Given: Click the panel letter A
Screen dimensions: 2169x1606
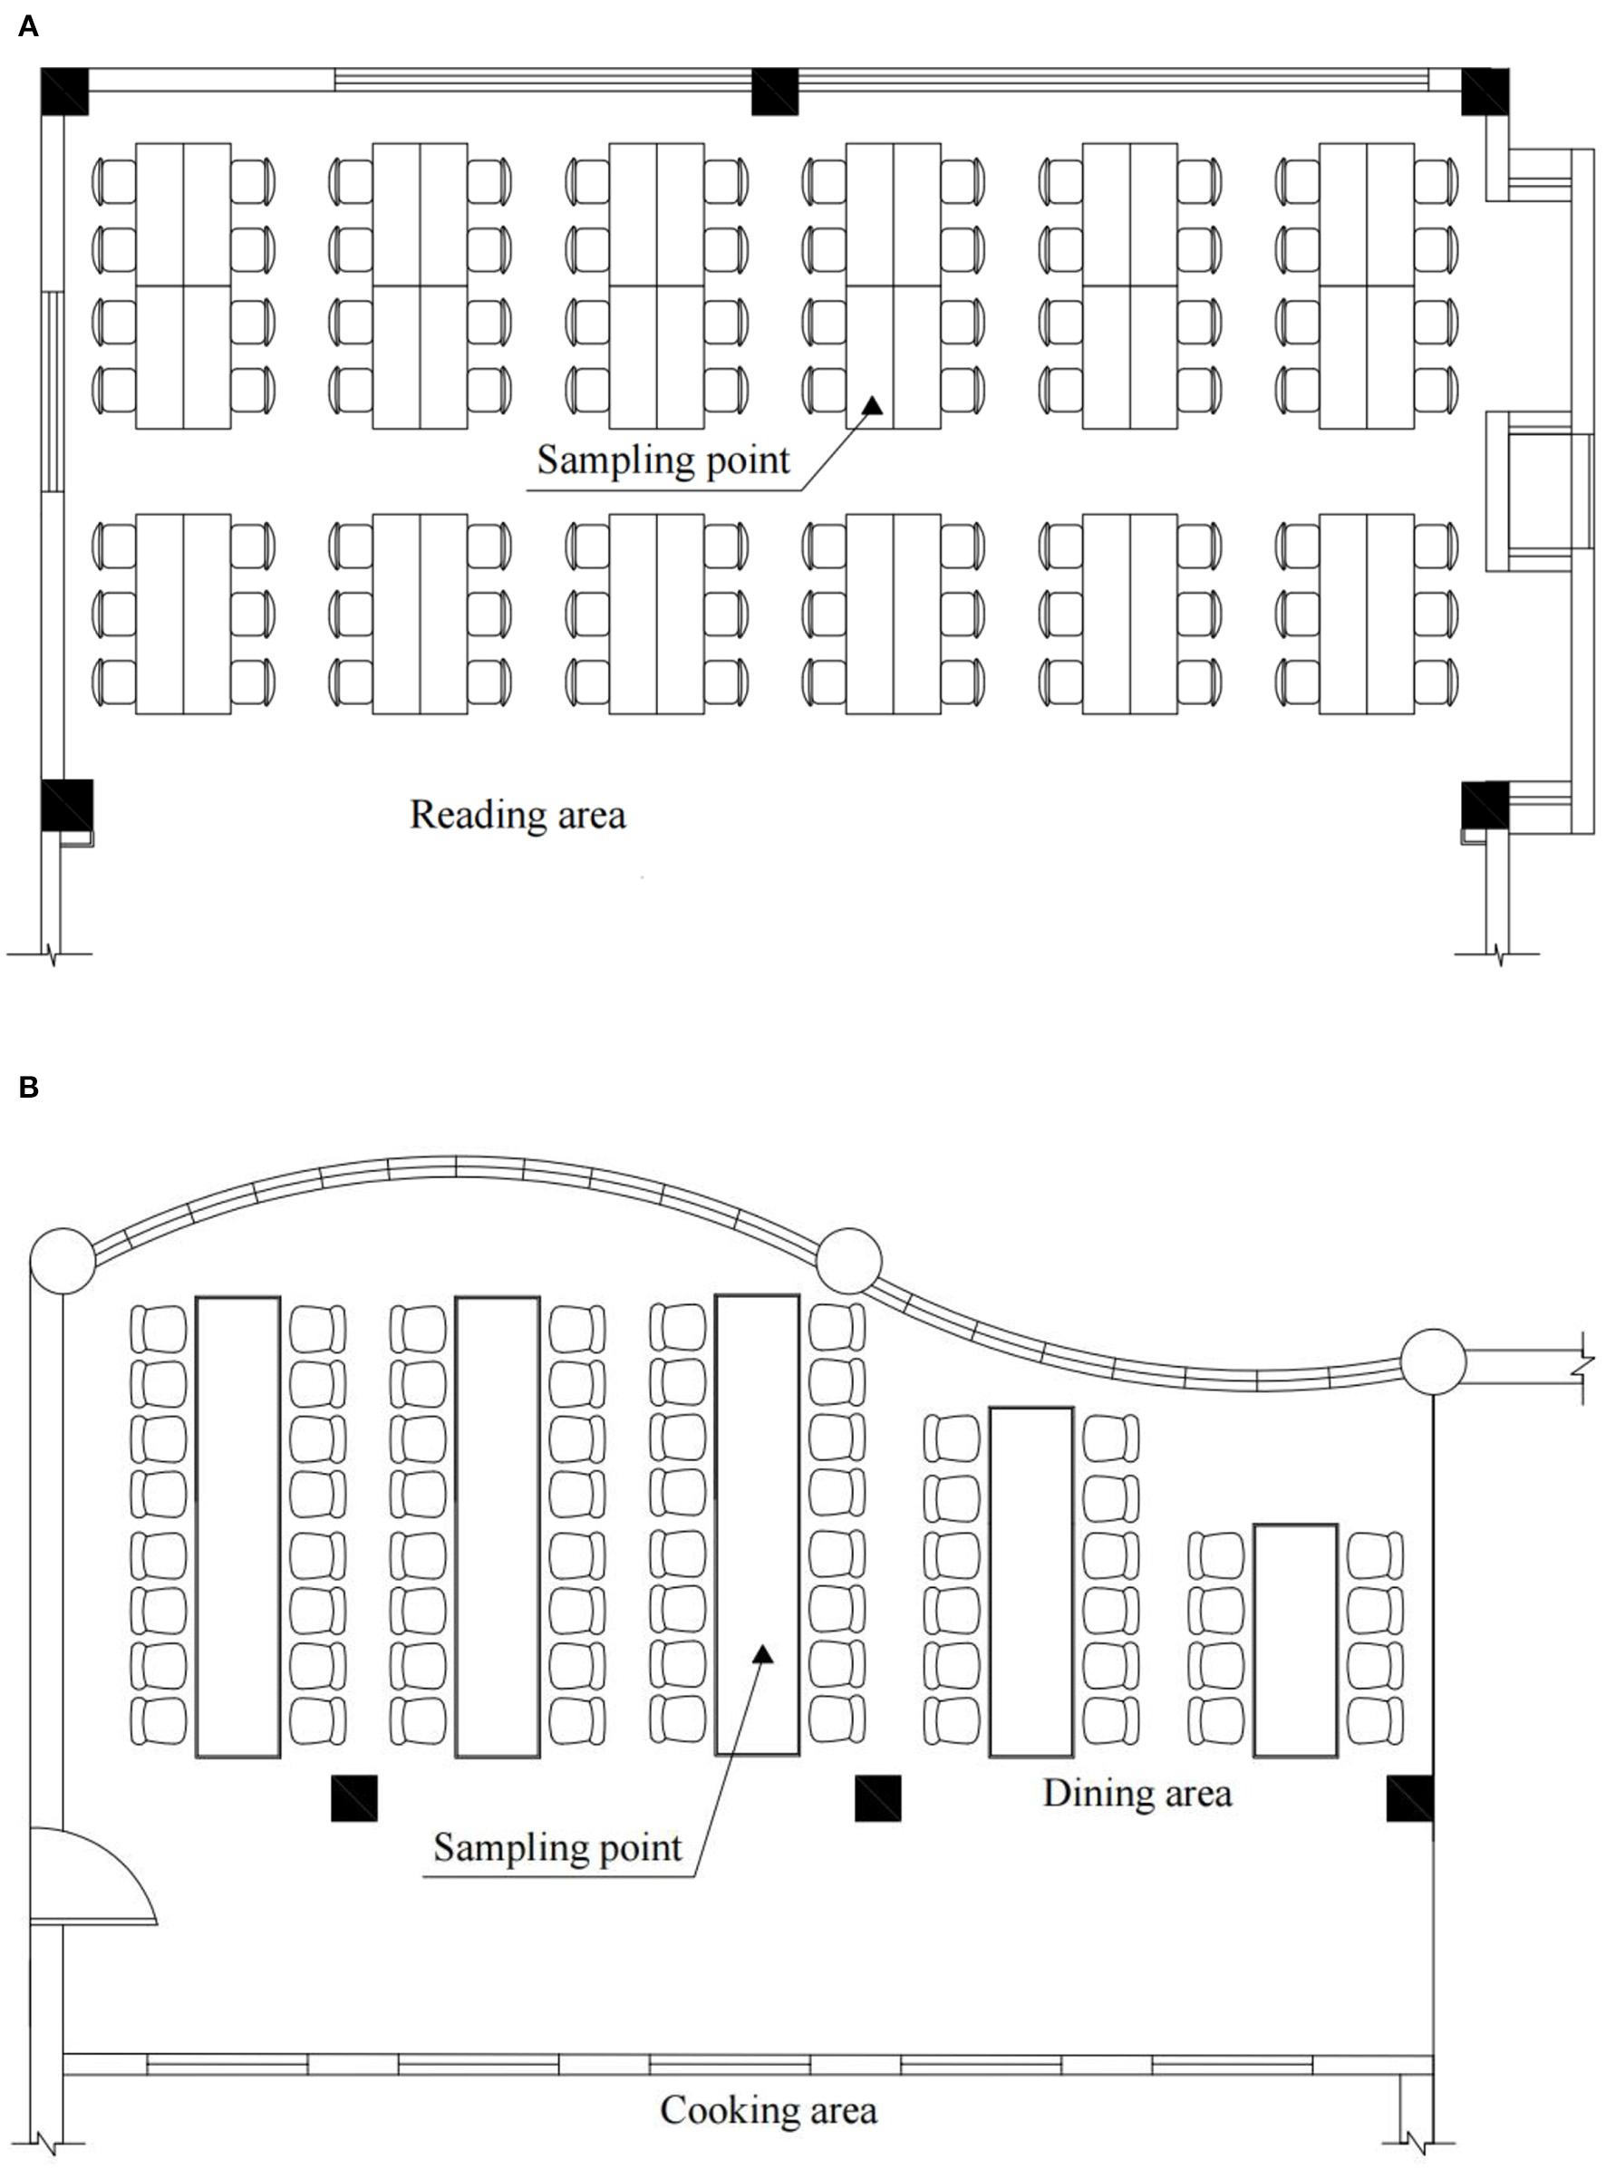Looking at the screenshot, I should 28,26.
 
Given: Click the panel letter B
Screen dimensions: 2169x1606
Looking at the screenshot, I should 28,1086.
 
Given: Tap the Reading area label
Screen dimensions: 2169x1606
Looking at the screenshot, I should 518,815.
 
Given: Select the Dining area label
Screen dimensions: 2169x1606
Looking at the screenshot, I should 1137,1792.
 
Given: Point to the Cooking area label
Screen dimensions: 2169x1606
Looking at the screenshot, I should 768,2108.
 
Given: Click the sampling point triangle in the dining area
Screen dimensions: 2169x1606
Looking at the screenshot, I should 763,1654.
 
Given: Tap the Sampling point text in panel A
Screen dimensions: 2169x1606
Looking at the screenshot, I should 663,460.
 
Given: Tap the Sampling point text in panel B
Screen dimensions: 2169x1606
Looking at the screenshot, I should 557,1846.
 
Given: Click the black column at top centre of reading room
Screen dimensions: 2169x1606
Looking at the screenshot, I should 775,92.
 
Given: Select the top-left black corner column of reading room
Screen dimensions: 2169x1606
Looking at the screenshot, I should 64,92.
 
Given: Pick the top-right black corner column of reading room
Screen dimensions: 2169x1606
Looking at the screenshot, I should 1485,92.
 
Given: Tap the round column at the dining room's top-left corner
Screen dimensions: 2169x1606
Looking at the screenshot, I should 63,1261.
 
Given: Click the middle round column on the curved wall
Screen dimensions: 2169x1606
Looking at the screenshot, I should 848,1261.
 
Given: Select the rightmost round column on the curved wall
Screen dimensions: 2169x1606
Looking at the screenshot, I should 1433,1361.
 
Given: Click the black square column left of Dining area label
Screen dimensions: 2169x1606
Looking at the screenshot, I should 877,1797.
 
